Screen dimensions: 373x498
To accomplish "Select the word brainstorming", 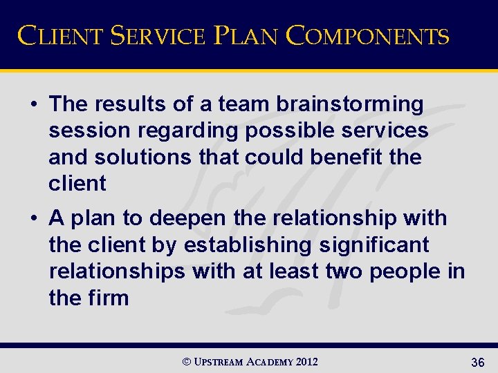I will (x=350, y=104).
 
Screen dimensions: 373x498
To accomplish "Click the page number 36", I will (x=477, y=362).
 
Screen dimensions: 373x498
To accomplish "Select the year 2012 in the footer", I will (x=306, y=362).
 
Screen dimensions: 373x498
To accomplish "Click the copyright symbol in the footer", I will (x=185, y=362).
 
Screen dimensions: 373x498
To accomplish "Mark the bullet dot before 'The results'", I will (x=34, y=105).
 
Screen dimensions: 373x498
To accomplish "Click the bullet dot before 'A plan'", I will (x=34, y=219).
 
